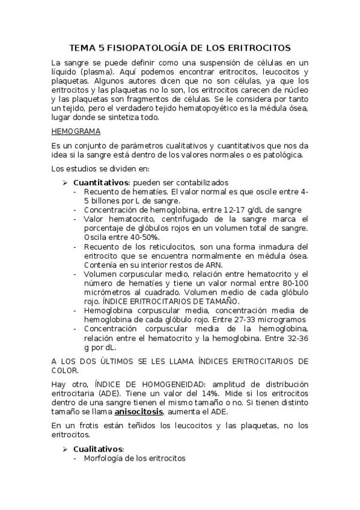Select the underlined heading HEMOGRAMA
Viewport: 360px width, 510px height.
(75, 131)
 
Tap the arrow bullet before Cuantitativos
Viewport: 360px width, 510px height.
(66, 182)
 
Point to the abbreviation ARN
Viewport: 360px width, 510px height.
(185, 264)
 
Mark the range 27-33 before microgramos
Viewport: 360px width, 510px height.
(236, 319)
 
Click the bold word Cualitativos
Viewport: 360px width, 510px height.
(98, 449)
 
